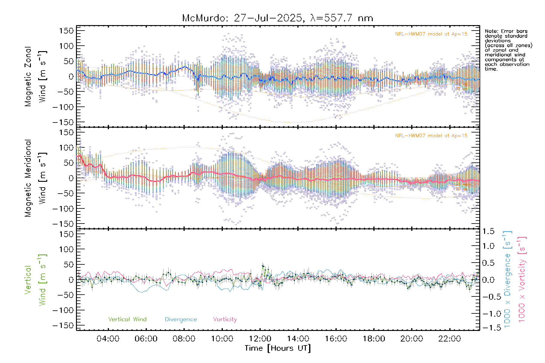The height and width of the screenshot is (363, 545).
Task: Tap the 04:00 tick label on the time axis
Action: click(x=108, y=339)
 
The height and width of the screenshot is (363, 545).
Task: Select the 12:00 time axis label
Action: click(x=260, y=339)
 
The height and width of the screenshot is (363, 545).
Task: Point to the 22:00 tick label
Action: click(x=450, y=339)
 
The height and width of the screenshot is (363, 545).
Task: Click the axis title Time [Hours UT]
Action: click(x=278, y=348)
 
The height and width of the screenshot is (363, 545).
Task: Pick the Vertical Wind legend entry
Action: click(x=127, y=319)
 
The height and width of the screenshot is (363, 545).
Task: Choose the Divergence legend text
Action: click(x=181, y=319)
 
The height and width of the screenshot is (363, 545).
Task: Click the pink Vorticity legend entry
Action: click(x=225, y=319)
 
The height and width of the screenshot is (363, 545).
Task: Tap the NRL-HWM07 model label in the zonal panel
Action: click(x=431, y=34)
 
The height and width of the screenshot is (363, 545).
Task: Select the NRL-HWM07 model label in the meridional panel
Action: click(x=431, y=136)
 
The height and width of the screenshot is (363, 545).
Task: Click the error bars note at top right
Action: click(x=508, y=50)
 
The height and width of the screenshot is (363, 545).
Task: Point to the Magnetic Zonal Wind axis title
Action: click(x=35, y=77)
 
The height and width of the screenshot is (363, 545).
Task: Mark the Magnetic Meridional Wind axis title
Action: click(x=35, y=178)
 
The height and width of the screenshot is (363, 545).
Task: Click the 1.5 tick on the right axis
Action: click(x=488, y=231)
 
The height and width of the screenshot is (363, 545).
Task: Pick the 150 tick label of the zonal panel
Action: click(x=66, y=31)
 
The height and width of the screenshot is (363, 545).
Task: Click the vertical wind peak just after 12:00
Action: click(x=263, y=266)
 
